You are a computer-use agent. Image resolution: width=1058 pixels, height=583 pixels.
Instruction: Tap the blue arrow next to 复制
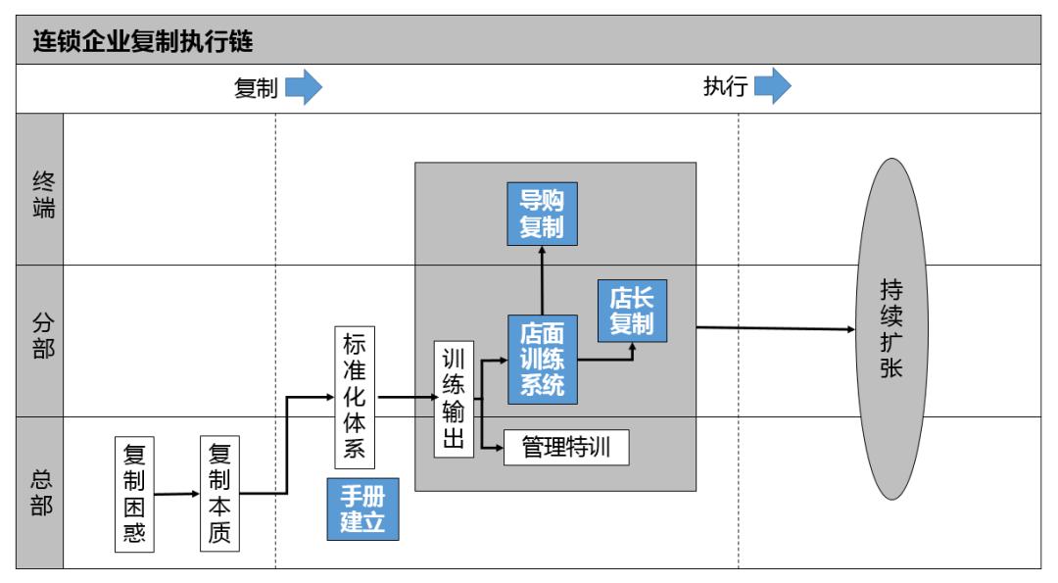303,88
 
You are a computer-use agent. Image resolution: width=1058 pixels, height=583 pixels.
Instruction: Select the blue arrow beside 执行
772,88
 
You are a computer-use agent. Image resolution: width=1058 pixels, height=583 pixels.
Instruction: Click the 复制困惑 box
134,494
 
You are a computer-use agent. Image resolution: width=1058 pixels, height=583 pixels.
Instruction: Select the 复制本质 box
220,494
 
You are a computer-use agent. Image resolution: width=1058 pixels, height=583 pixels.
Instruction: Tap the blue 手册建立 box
363,510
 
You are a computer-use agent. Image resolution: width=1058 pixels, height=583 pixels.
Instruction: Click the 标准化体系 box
355,398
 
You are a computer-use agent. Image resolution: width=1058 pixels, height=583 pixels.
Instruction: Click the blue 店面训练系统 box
542,359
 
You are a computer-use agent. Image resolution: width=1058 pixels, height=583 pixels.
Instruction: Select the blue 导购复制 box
542,214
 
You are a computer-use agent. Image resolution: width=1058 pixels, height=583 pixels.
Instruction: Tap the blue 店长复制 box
632,312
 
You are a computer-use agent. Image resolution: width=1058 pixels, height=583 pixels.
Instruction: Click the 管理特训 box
566,449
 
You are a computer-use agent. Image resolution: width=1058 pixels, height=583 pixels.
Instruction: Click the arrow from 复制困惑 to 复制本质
176,494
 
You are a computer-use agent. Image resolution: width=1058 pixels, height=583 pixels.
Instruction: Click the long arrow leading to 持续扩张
774,329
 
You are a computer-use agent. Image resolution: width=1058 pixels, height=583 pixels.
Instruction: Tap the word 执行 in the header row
725,88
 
